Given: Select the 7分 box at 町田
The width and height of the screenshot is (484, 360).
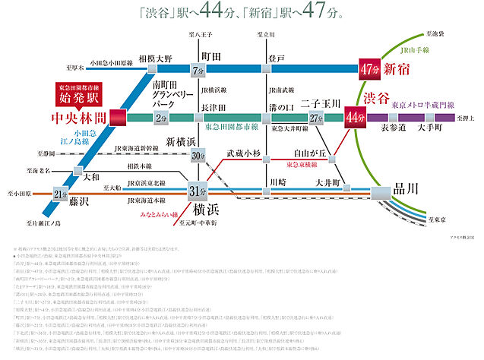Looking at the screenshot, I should coord(199,70).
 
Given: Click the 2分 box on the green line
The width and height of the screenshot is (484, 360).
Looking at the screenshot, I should coord(160,118).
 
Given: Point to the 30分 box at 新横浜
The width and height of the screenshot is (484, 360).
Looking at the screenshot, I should coord(199,155).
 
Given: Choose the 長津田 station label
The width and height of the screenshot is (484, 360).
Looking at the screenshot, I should coord(214,107).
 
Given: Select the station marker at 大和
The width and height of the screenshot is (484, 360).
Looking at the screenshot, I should coord(76,171).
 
